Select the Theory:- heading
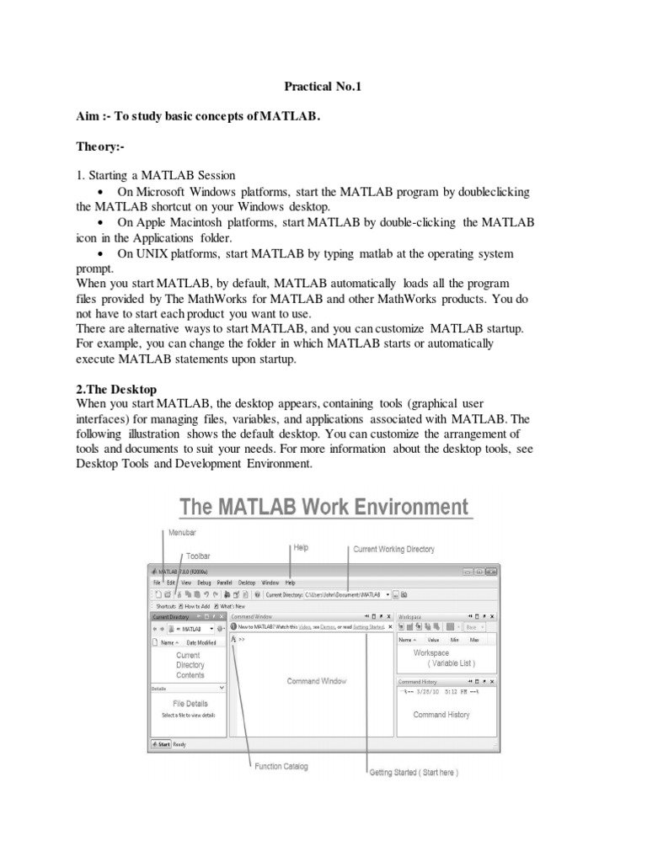(x=99, y=147)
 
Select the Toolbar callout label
(x=199, y=556)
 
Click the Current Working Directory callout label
(x=393, y=549)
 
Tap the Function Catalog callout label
(x=281, y=766)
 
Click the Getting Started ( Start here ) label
(x=414, y=772)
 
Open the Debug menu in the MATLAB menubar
(x=204, y=583)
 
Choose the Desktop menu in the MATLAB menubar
(x=246, y=583)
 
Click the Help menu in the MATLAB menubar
(x=290, y=583)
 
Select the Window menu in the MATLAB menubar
(x=270, y=583)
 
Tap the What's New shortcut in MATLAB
(x=232, y=605)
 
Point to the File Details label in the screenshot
(x=190, y=703)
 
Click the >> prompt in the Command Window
(x=241, y=640)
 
